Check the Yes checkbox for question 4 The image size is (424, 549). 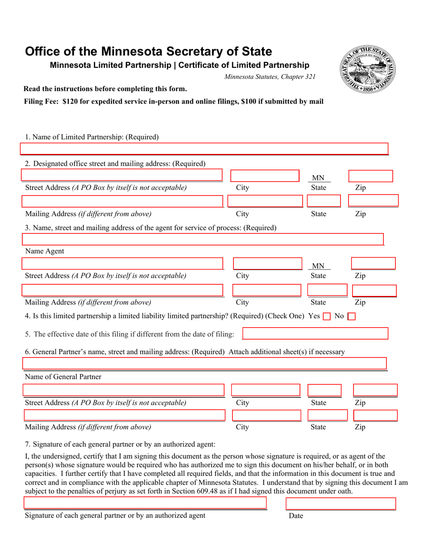coord(327,316)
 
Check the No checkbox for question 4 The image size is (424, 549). coord(351,316)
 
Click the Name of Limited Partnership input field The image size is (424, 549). coord(204,149)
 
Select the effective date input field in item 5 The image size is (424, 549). coord(315,333)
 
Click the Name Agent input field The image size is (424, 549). coord(203,240)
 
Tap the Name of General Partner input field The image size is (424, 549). coord(204,363)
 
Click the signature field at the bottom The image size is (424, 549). coord(145,503)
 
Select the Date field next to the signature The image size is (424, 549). coord(340,503)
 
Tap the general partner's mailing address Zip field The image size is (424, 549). coord(375,416)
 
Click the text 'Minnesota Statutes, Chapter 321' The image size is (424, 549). coord(270,77)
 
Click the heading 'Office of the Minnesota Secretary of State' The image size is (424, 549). coord(148,51)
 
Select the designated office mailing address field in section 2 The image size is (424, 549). coord(122,201)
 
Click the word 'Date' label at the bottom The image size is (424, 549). coord(295,516)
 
